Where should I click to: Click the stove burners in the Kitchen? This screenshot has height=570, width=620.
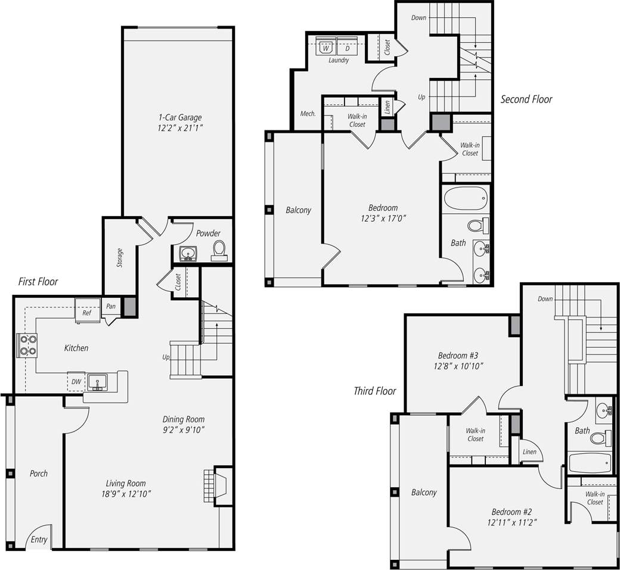[x=27, y=345]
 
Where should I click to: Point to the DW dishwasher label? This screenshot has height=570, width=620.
[x=76, y=382]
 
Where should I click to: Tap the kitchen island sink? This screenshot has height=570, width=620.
[x=97, y=381]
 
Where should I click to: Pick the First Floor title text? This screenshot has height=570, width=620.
[x=38, y=281]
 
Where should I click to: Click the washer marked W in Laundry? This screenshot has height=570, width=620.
[x=326, y=47]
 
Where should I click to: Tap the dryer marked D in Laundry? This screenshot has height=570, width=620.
[x=347, y=47]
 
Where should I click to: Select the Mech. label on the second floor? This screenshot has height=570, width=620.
[x=308, y=114]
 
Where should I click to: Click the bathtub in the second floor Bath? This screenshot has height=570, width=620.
[x=466, y=198]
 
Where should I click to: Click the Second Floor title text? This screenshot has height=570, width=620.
[x=526, y=99]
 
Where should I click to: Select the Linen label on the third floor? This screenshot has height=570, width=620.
[x=529, y=452]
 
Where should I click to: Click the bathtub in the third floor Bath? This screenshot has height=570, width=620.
[x=590, y=462]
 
